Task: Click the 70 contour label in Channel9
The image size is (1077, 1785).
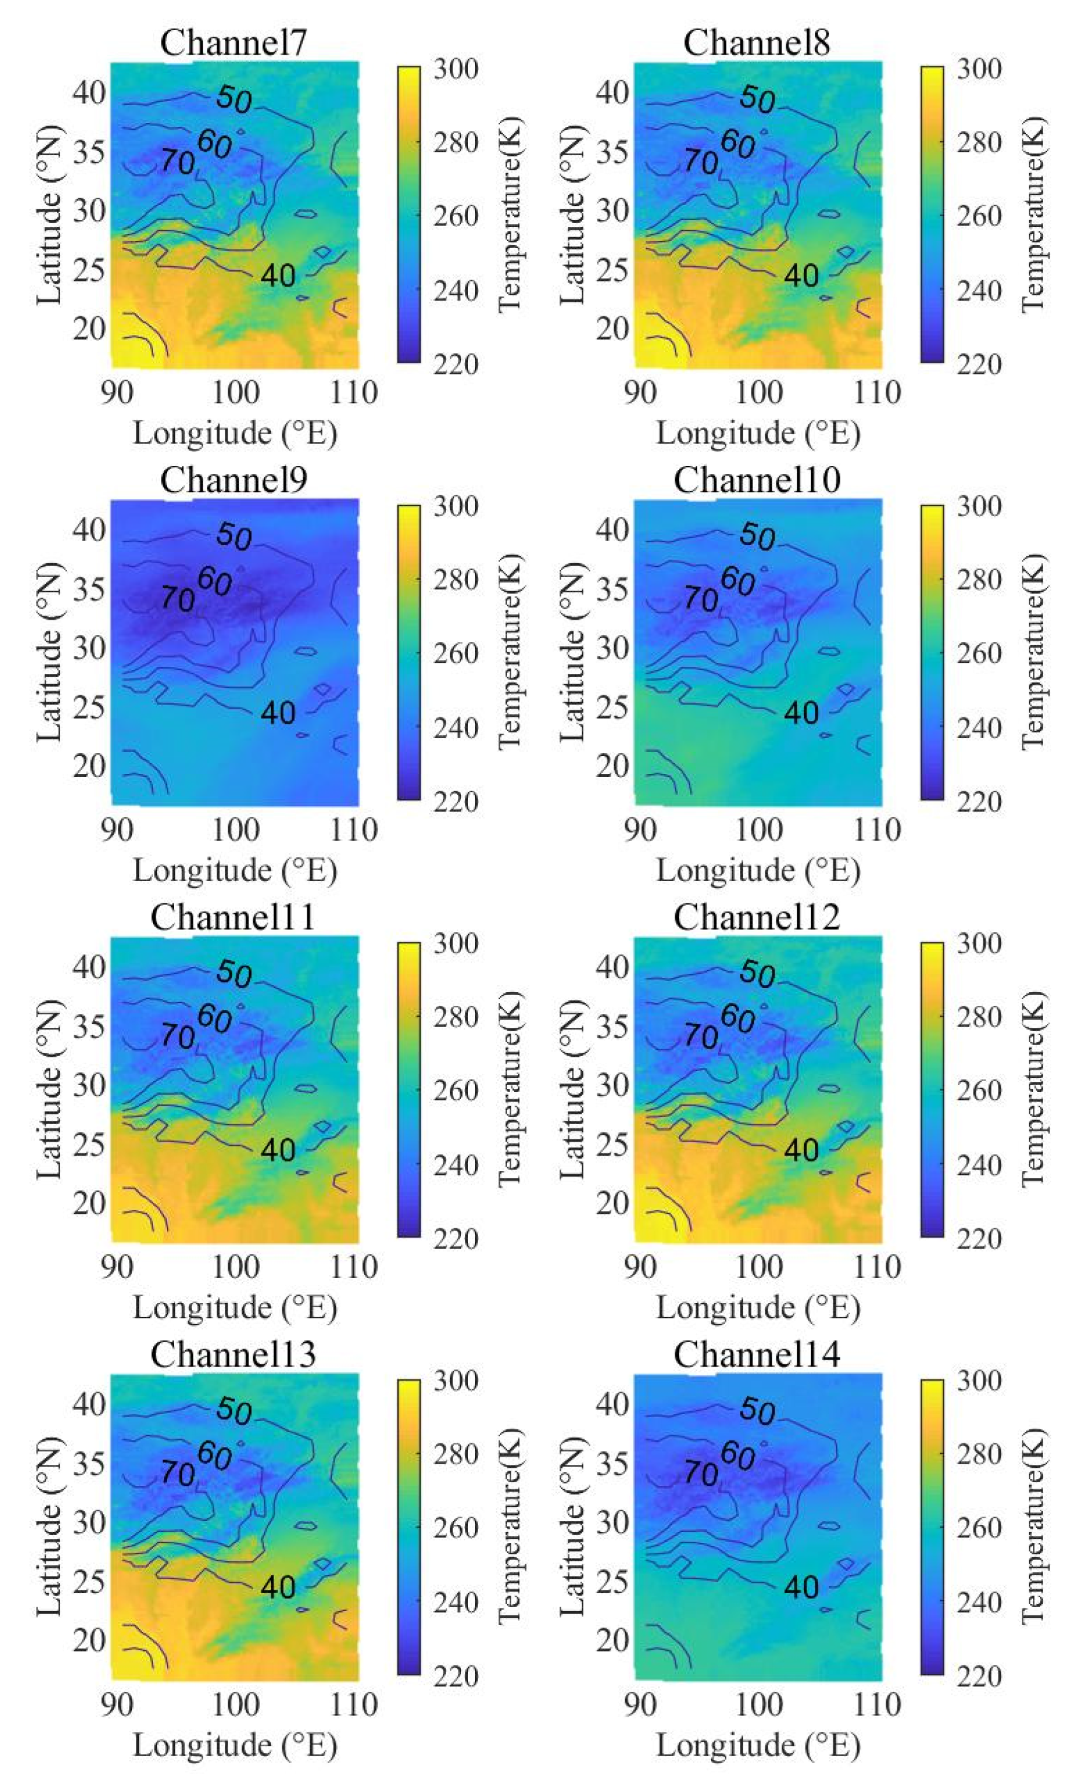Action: point(177,599)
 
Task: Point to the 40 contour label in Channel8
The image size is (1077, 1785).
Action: point(802,275)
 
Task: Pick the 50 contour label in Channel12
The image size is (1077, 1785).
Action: point(757,972)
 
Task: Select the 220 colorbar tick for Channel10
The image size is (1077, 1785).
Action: point(979,802)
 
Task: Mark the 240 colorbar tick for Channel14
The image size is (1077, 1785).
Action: point(979,1603)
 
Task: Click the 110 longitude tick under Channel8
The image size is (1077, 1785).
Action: point(877,393)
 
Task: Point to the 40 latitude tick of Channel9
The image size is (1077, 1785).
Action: point(89,530)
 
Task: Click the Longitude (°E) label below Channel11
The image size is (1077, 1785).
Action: point(235,1307)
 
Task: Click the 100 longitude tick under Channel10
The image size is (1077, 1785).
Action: point(759,830)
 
